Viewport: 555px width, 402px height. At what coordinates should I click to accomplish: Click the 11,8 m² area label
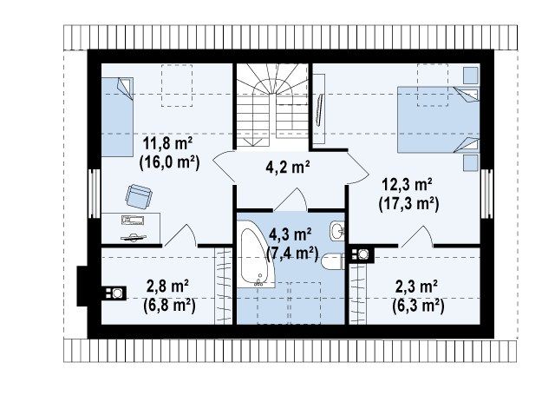(x=167, y=143)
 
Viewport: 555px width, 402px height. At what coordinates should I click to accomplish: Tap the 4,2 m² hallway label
(x=288, y=167)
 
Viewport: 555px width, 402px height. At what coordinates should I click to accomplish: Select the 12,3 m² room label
(x=407, y=185)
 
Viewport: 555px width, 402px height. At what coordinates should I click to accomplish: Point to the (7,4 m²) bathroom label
(x=292, y=254)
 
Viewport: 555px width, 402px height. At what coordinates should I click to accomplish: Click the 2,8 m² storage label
(x=167, y=286)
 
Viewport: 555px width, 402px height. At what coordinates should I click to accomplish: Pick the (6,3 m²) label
(x=418, y=306)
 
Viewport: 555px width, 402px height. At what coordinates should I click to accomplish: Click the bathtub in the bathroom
(x=256, y=254)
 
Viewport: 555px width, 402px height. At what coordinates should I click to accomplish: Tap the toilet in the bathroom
(x=332, y=262)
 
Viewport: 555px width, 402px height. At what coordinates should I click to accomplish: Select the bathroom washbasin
(x=337, y=230)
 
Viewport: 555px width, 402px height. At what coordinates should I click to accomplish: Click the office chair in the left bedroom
(x=139, y=196)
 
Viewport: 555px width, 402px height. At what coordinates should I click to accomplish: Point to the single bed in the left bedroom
(x=117, y=117)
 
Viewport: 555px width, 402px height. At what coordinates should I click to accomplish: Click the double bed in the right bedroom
(x=438, y=120)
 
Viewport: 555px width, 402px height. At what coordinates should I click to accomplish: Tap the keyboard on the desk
(x=133, y=221)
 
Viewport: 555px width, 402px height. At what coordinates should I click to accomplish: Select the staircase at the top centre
(x=271, y=105)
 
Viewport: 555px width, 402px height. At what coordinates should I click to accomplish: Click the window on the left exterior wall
(x=95, y=194)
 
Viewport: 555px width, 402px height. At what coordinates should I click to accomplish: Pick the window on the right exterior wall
(x=486, y=194)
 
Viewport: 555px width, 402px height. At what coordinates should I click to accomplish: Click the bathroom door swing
(x=291, y=201)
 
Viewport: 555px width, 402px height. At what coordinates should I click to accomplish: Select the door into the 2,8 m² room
(x=180, y=236)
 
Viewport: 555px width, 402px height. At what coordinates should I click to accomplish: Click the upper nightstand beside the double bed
(x=471, y=76)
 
